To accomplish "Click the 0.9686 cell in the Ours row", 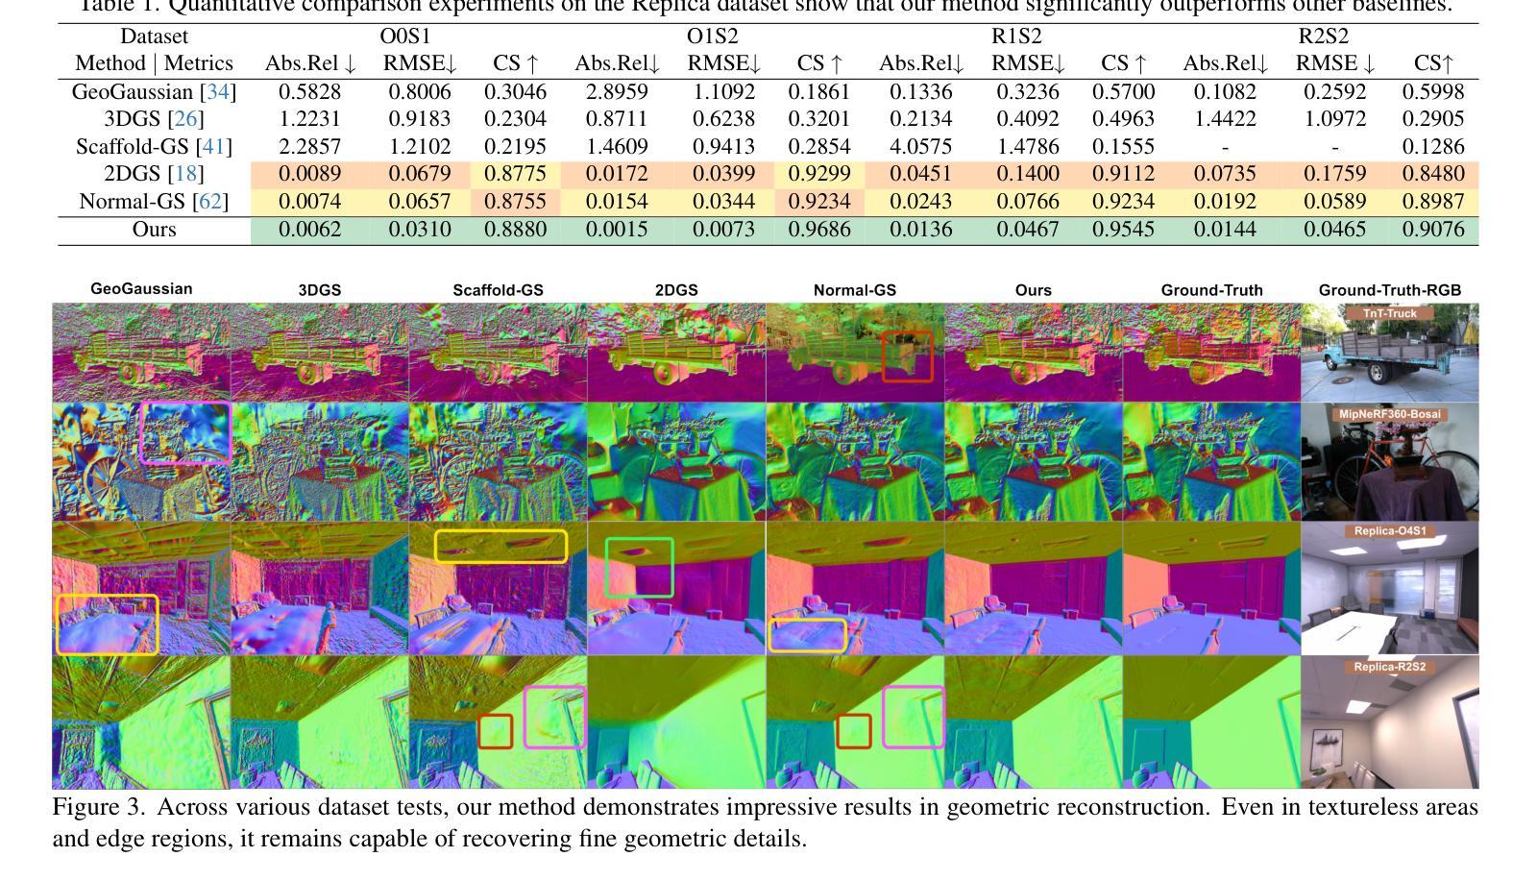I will click(x=819, y=230).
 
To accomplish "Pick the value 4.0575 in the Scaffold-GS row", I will click(x=921, y=147).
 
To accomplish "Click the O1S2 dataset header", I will click(x=713, y=37).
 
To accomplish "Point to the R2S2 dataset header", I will click(x=1323, y=37).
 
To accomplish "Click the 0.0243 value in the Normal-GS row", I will click(x=921, y=202).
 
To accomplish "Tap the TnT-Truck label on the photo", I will click(x=1390, y=313).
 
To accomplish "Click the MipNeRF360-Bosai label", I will click(x=1390, y=414).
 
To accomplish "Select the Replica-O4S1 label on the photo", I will click(x=1390, y=531).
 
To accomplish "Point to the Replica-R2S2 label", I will click(x=1390, y=667).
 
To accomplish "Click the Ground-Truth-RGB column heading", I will click(x=1390, y=290).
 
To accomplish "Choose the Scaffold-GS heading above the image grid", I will click(x=498, y=290).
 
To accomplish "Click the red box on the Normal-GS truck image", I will click(x=908, y=355).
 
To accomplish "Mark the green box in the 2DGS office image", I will click(x=640, y=567).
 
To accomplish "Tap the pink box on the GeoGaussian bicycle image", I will click(x=185, y=432).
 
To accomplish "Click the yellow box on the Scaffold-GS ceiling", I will click(x=500, y=546).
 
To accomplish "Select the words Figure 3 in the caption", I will click(x=98, y=807).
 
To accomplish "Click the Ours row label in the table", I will click(x=154, y=230).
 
